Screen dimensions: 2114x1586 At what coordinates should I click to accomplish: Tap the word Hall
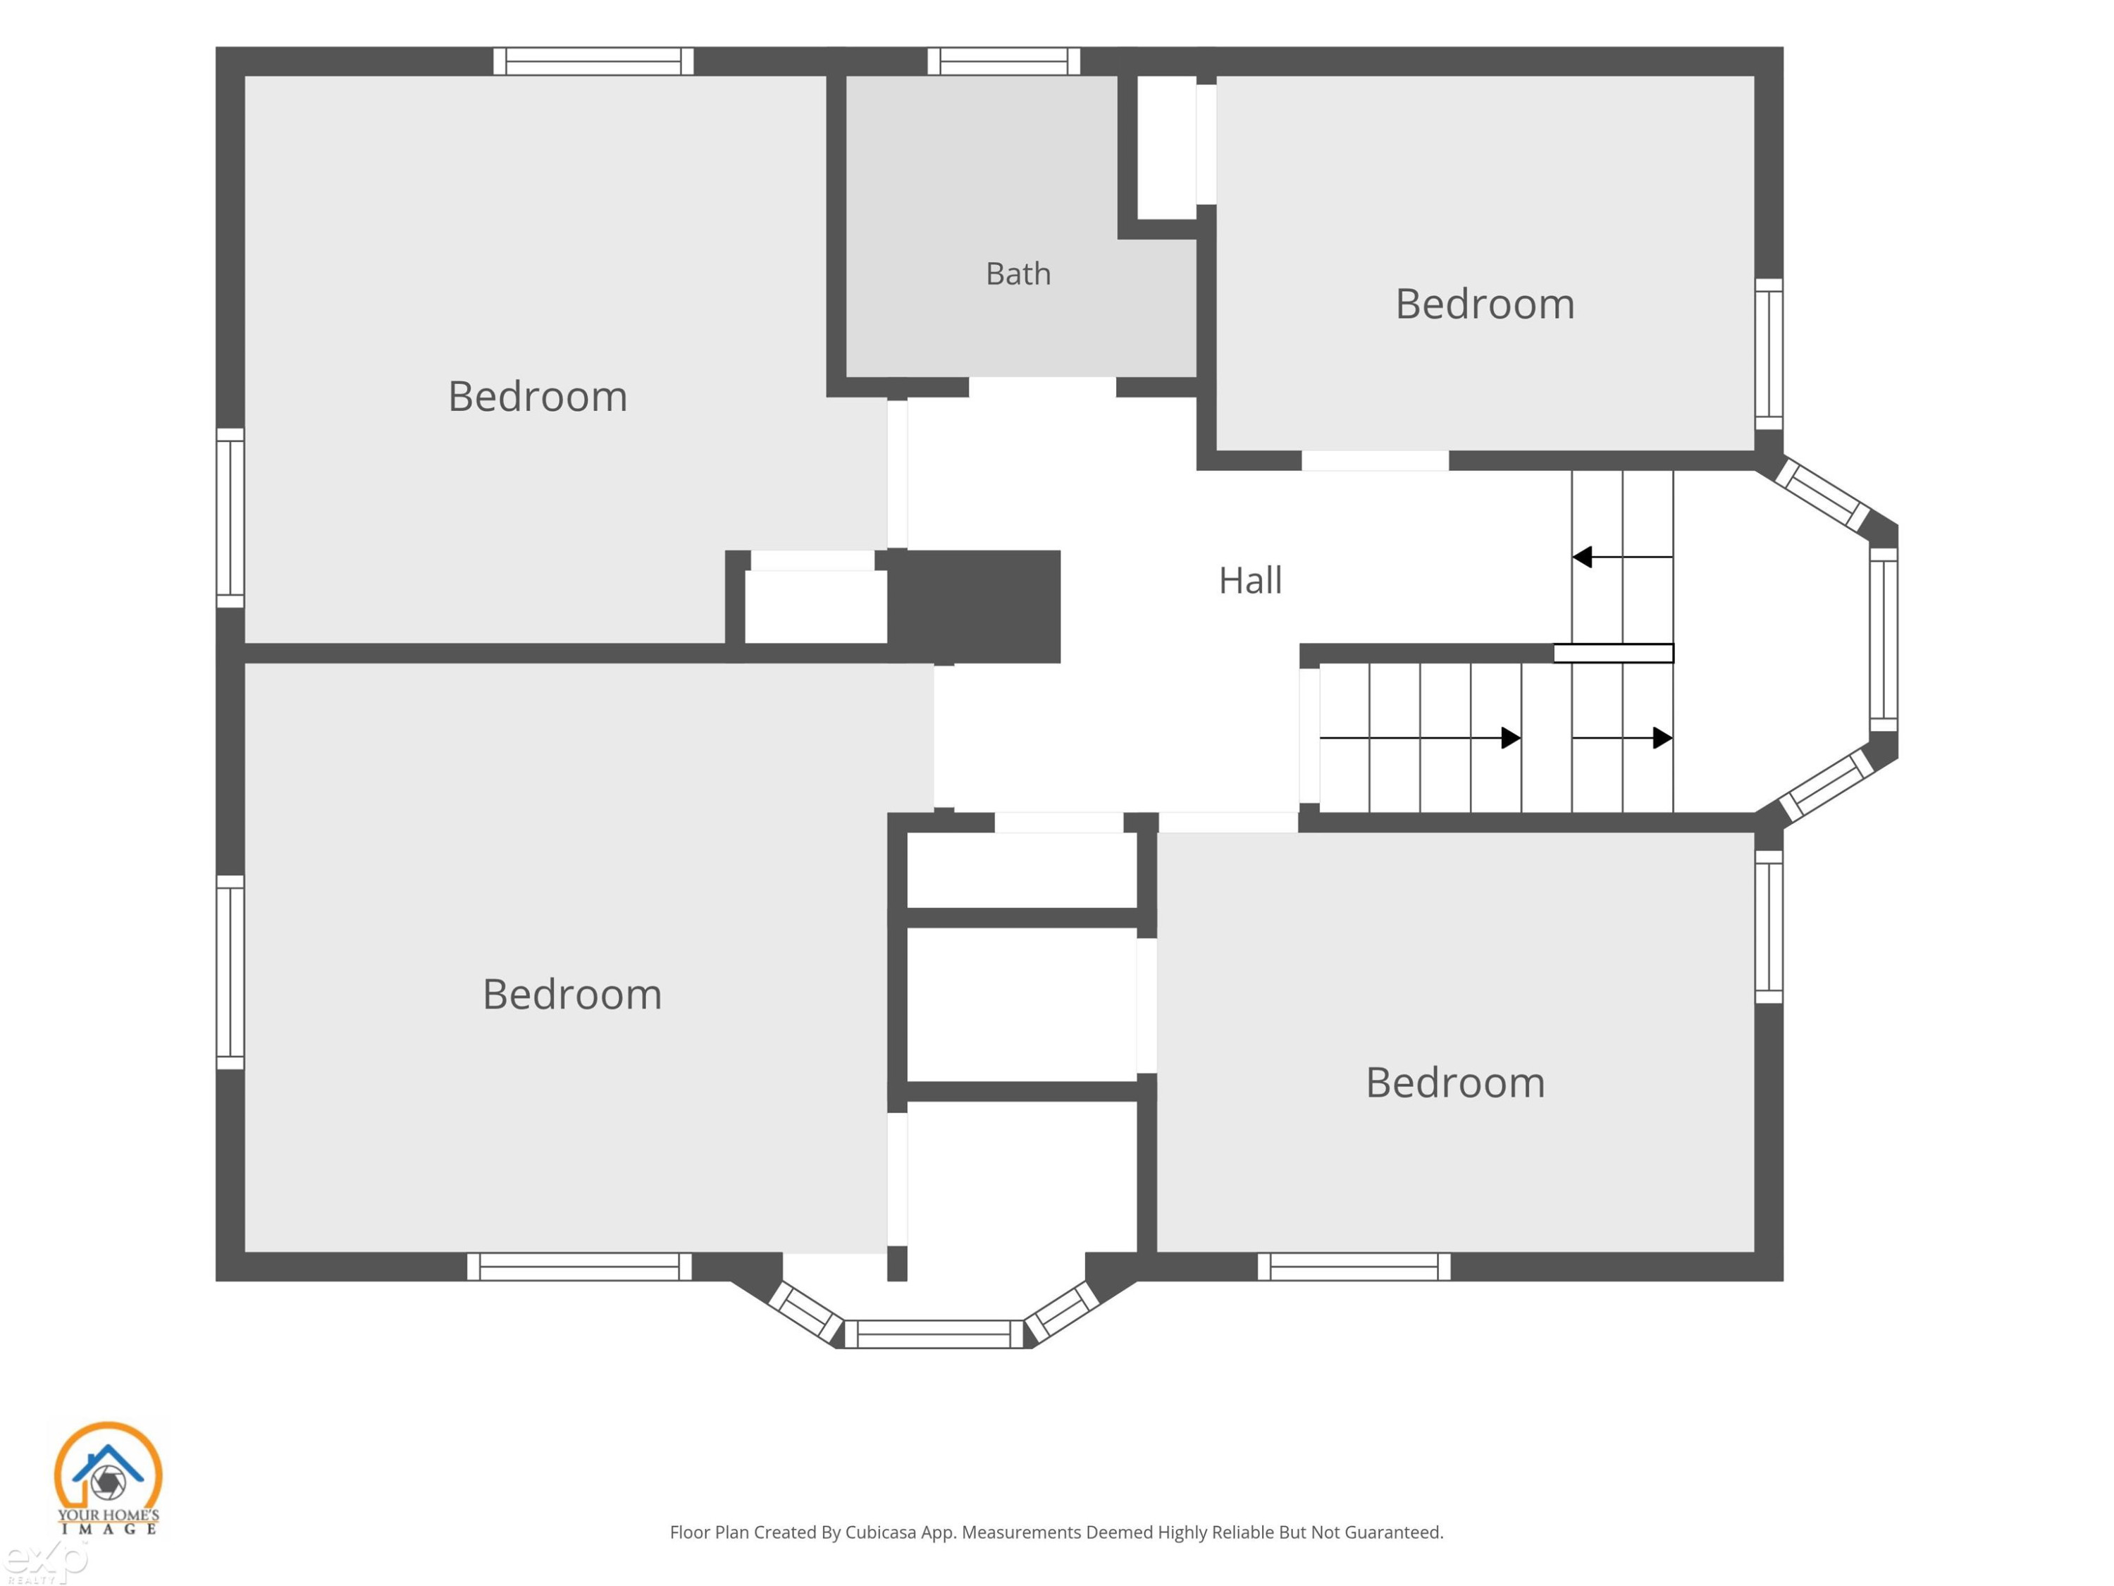(x=1250, y=580)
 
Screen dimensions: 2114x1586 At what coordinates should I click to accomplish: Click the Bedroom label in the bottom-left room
(x=571, y=994)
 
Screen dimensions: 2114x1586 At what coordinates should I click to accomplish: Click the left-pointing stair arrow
(x=1623, y=556)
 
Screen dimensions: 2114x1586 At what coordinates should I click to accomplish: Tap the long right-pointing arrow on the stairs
(x=1420, y=738)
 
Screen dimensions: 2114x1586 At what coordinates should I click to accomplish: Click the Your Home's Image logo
(x=108, y=1478)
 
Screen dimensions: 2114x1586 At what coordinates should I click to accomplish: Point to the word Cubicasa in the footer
(x=880, y=1532)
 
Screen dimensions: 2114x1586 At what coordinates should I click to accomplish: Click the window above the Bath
(x=1003, y=61)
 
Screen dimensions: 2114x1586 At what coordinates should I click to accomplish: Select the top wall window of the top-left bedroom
(x=593, y=61)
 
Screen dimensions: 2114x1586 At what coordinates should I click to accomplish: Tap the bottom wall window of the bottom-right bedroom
(x=1354, y=1267)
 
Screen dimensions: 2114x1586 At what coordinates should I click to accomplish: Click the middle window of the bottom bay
(x=934, y=1334)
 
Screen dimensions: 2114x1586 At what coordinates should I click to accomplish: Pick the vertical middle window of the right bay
(x=1884, y=639)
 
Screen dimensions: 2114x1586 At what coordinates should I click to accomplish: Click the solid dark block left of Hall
(x=974, y=606)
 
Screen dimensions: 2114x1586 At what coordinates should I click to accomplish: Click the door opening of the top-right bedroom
(x=1376, y=461)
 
